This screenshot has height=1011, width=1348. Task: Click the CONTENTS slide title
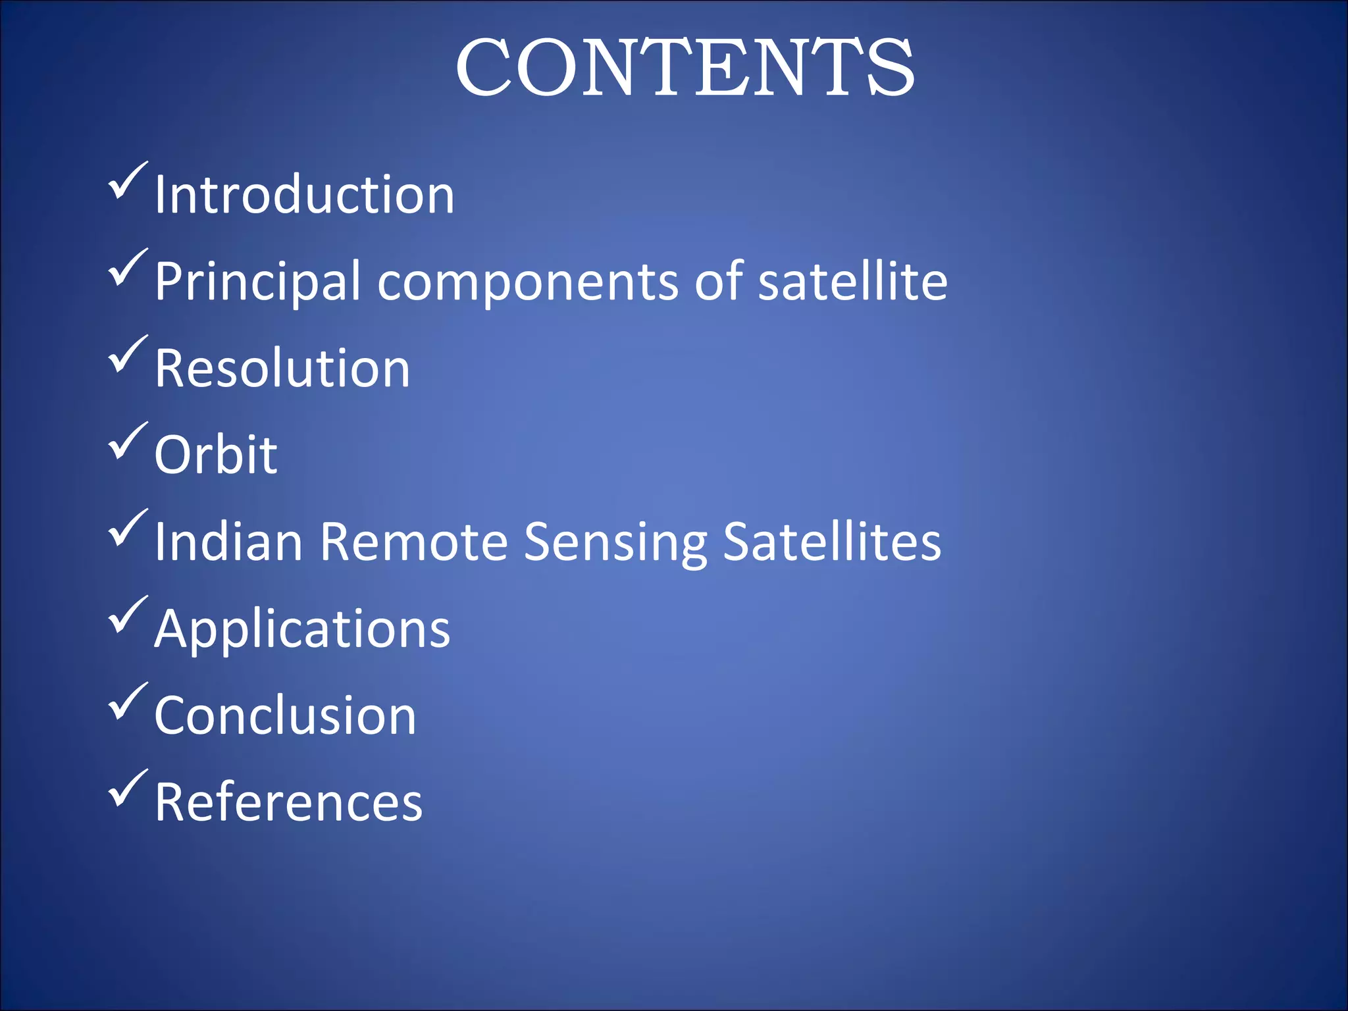point(685,67)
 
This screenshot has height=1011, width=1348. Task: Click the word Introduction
point(304,195)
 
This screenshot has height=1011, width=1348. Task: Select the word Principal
point(257,282)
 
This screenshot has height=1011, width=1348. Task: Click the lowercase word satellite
point(852,281)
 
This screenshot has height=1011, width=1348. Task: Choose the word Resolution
point(282,369)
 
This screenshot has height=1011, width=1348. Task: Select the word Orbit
point(215,455)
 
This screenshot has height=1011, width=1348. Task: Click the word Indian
point(228,542)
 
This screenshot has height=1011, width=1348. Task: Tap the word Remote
point(414,542)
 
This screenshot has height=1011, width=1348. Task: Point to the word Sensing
point(615,543)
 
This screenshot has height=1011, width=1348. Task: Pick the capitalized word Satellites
point(832,542)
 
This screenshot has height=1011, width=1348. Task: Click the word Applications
point(302,630)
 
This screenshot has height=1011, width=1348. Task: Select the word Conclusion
point(285,715)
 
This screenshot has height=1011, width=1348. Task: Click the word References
point(288,802)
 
